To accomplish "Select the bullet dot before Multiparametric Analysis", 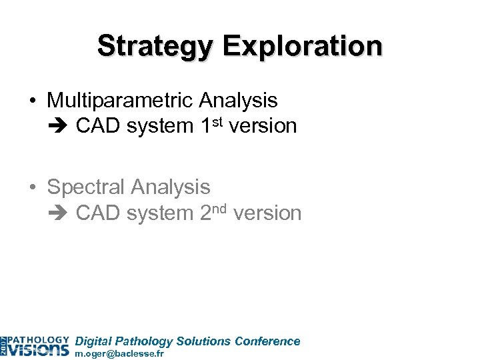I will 33,101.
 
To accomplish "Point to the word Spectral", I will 87,188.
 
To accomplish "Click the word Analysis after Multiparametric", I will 239,101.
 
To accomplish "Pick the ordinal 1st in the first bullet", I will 211,125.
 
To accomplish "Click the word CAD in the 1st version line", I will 97,126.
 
